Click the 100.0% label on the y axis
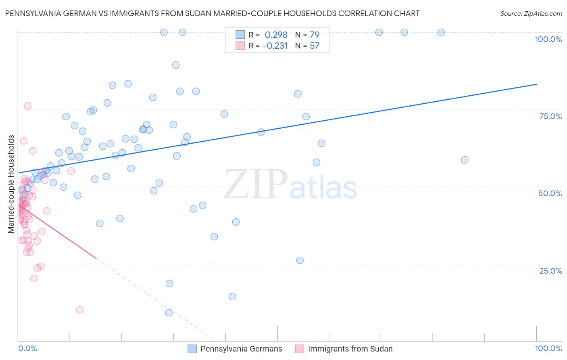[x=548, y=39]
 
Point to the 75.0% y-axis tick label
[x=550, y=116]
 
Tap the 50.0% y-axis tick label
[x=550, y=193]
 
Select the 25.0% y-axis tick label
[x=550, y=270]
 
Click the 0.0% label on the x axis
[x=27, y=348]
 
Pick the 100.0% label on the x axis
[x=548, y=348]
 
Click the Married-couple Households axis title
[x=11, y=184]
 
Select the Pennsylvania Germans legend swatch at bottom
[x=192, y=349]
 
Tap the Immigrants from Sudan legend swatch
[x=299, y=349]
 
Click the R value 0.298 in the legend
[x=276, y=35]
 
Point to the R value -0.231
[x=275, y=46]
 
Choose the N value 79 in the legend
[x=315, y=35]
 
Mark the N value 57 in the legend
[x=315, y=46]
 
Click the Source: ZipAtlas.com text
[x=531, y=13]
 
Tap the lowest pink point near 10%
[x=79, y=310]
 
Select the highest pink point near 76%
[x=27, y=106]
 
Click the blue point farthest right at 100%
[x=441, y=32]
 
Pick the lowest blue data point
[x=169, y=313]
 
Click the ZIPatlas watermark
[x=290, y=185]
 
